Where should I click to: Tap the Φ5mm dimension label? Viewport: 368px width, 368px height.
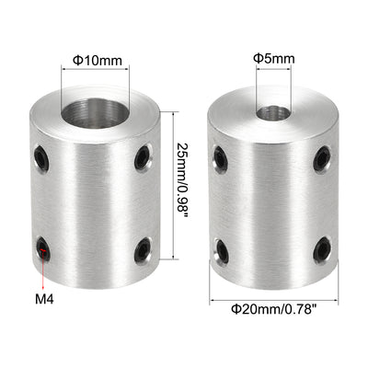274,58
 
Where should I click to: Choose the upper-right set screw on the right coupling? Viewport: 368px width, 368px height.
320,159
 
